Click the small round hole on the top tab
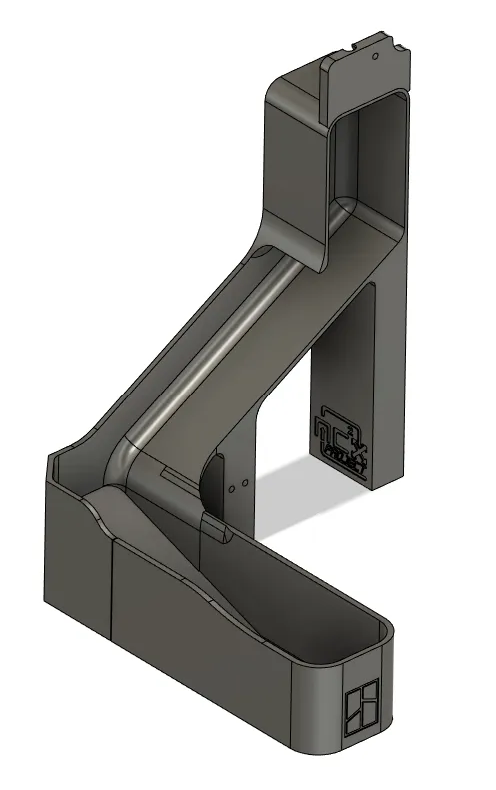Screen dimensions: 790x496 374,58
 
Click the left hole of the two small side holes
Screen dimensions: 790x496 232,489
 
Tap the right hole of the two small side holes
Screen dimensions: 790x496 241,487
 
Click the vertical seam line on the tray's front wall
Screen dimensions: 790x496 112,589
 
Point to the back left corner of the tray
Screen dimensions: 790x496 52,461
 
